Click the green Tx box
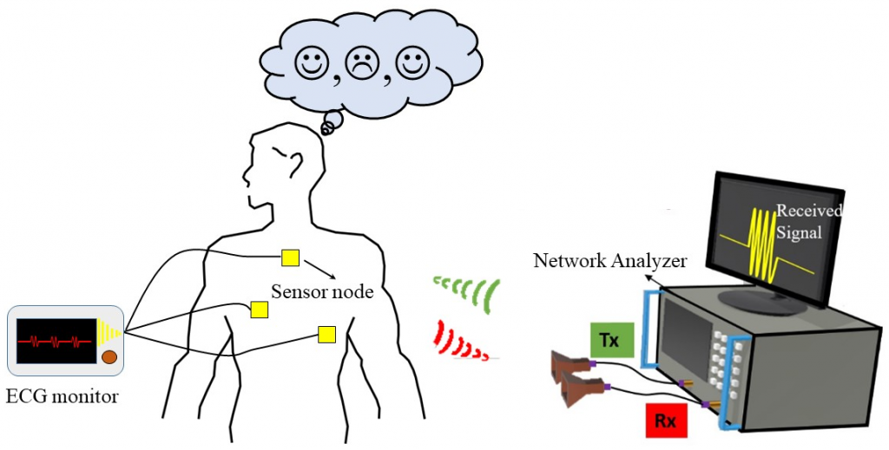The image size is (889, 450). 609,340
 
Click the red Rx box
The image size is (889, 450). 666,421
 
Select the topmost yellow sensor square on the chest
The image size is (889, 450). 290,258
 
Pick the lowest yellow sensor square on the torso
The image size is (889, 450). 326,334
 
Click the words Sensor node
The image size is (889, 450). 322,291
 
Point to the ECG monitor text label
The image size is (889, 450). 62,397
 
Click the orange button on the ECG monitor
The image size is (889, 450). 109,356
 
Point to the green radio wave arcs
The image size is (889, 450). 469,291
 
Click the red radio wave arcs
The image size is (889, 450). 460,340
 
